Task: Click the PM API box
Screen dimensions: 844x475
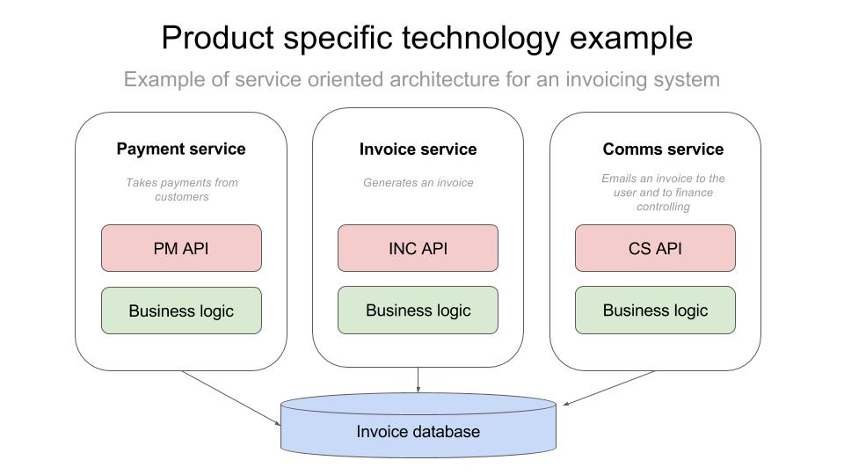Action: (x=181, y=248)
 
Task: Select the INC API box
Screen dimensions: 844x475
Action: (x=418, y=248)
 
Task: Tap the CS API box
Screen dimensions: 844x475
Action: (x=655, y=248)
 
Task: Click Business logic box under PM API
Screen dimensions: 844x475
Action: (x=181, y=311)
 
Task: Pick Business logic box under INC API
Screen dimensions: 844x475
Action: (x=418, y=310)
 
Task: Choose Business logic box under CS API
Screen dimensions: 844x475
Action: (x=655, y=310)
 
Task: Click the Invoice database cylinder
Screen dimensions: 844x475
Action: (x=418, y=426)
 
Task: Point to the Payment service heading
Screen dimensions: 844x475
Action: (x=181, y=149)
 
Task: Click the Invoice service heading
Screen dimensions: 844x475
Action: (x=418, y=150)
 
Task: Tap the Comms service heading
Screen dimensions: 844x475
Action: (x=663, y=150)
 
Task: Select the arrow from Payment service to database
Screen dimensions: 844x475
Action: (x=231, y=398)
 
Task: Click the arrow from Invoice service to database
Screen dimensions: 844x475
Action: (x=418, y=380)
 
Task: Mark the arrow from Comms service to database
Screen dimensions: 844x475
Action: (x=608, y=388)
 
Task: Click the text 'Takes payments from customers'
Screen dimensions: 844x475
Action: (x=182, y=190)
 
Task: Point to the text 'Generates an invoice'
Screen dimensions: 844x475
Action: (x=418, y=183)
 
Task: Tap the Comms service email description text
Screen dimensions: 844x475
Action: (x=663, y=193)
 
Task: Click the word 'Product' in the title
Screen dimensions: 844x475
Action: (x=218, y=38)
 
